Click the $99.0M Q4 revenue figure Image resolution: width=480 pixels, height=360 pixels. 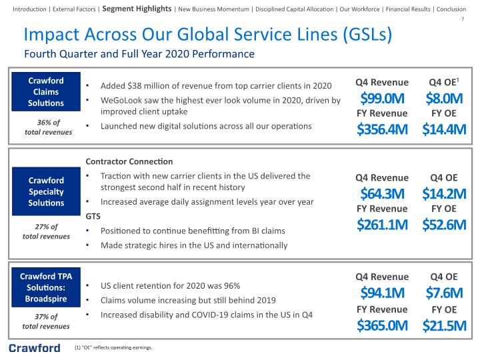coord(382,98)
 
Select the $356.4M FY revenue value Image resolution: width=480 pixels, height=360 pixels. coord(382,129)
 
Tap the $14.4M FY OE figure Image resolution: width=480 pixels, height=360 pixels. coord(444,129)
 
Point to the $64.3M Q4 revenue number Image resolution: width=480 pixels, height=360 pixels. coord(382,194)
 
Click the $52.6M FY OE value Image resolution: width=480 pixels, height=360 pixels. coord(444,225)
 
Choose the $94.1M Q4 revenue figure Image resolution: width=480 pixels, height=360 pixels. coord(382,293)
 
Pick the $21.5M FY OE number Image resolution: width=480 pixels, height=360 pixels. coord(444,325)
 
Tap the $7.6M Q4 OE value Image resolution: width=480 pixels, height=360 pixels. coord(444,293)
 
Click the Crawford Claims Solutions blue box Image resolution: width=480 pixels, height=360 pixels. coord(46,91)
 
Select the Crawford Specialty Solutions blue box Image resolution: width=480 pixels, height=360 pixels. coord(46,191)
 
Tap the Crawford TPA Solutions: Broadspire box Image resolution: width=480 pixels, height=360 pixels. coord(46,287)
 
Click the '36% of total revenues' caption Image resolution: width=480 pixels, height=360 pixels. coord(49,127)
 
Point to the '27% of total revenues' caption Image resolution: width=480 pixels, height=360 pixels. coord(46,231)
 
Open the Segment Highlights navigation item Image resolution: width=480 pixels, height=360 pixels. coord(137,9)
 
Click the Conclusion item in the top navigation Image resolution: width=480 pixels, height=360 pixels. coord(451,9)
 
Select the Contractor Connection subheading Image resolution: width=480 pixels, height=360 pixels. coord(129,161)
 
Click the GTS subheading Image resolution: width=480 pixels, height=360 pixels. coord(93,217)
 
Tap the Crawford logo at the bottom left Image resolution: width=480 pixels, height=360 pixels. coord(35,348)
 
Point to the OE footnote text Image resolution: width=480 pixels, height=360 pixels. coord(113,347)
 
